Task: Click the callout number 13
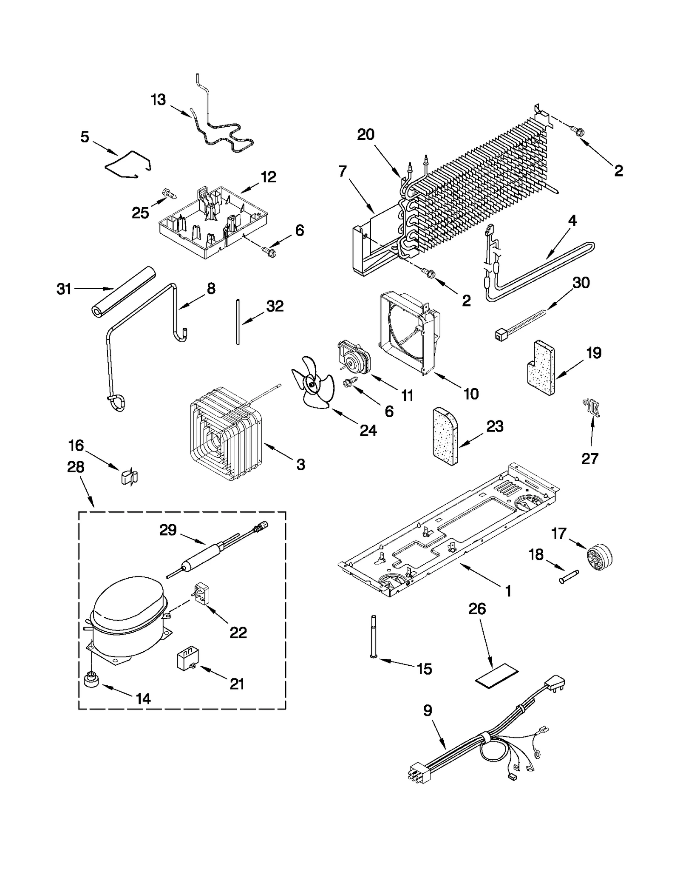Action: (158, 100)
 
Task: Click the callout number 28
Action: (76, 467)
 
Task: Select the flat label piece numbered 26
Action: (496, 678)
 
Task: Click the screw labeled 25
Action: (170, 195)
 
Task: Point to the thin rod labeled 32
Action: (238, 322)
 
